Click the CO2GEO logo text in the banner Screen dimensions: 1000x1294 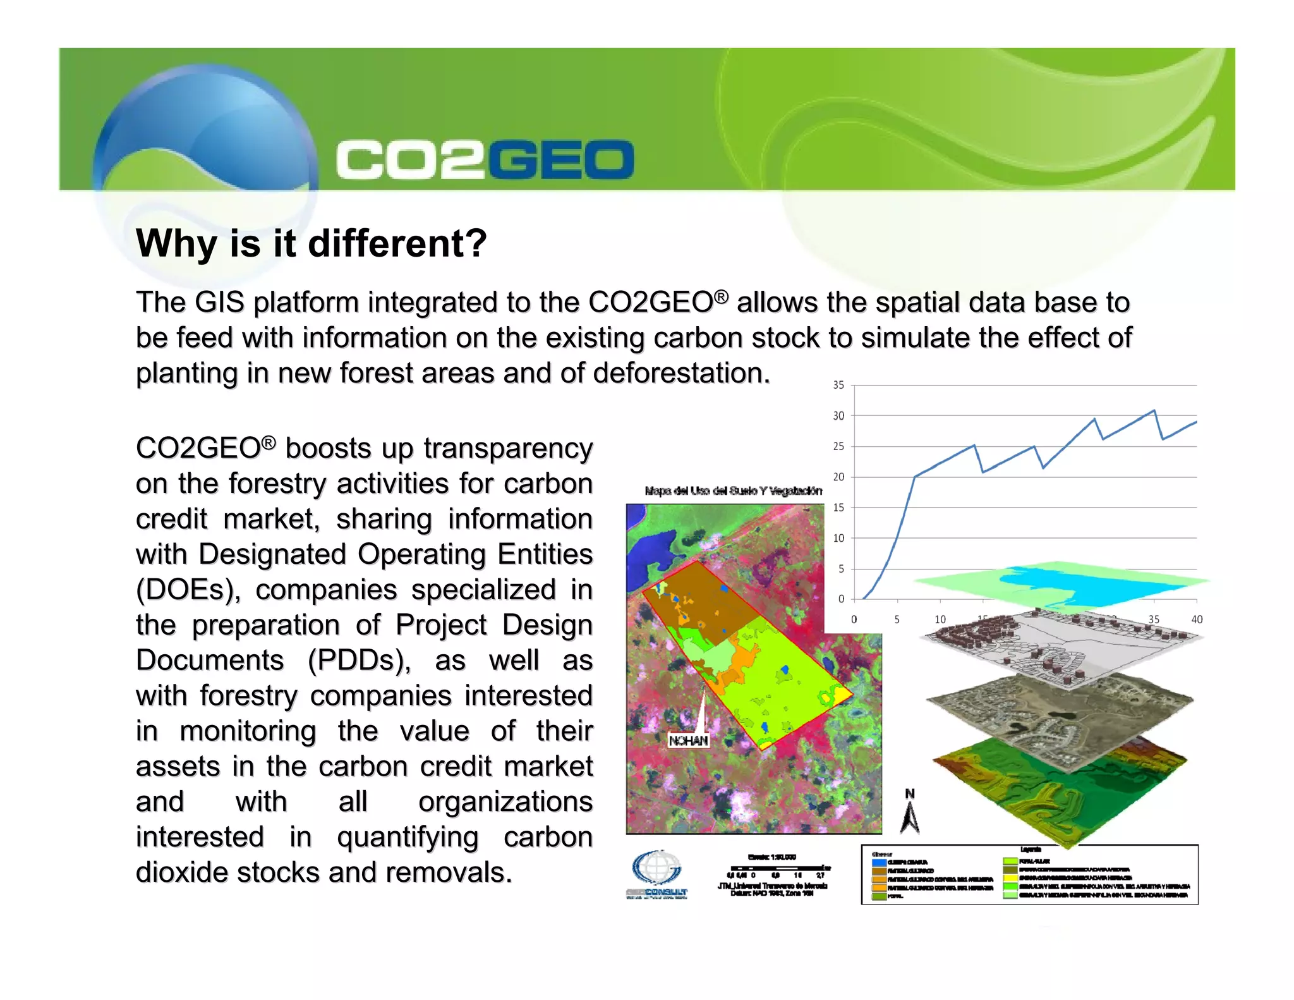tap(485, 159)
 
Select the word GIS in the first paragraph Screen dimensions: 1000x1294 tap(219, 303)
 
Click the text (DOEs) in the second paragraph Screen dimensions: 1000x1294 tap(188, 590)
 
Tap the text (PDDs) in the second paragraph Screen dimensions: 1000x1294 tap(359, 661)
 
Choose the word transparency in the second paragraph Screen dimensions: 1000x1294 tap(508, 449)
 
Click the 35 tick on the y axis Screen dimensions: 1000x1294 tap(838, 385)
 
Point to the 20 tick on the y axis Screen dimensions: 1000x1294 tap(838, 477)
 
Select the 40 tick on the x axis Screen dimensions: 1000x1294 tap(1196, 619)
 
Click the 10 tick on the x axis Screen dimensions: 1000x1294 tap(940, 619)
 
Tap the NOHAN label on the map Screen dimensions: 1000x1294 tap(688, 740)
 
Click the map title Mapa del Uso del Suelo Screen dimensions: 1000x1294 tap(733, 491)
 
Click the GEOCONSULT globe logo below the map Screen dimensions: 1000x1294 tap(657, 869)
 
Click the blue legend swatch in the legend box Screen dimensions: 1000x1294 tap(879, 863)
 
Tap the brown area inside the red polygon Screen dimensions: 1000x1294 tap(701, 601)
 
